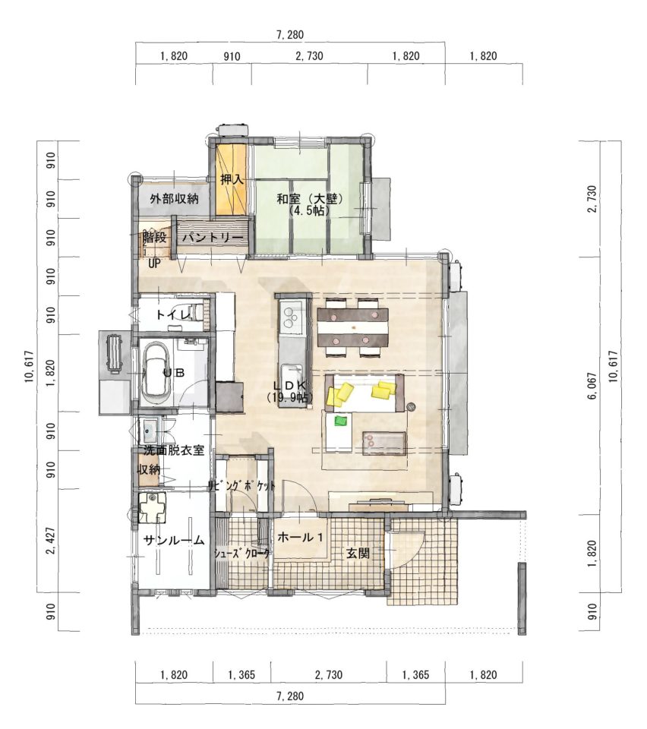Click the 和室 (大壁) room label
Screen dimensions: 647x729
click(310, 199)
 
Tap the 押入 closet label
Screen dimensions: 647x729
click(232, 179)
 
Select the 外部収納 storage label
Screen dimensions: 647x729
click(174, 199)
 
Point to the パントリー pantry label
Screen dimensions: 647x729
click(213, 238)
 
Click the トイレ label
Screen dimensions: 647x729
click(173, 314)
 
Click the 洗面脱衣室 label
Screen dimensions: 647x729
click(174, 450)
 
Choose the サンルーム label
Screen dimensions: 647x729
click(174, 540)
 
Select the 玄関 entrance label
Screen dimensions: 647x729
click(358, 554)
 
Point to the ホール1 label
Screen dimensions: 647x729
click(300, 538)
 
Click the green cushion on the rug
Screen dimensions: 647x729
click(341, 421)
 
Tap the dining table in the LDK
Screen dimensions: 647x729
click(353, 328)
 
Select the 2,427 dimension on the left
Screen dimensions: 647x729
click(51, 541)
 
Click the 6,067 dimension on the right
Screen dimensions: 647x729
click(592, 386)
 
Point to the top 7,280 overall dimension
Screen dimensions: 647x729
click(289, 35)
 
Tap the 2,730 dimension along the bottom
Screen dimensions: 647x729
click(328, 674)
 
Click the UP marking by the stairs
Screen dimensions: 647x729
click(154, 264)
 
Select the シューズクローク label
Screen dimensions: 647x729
click(241, 554)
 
